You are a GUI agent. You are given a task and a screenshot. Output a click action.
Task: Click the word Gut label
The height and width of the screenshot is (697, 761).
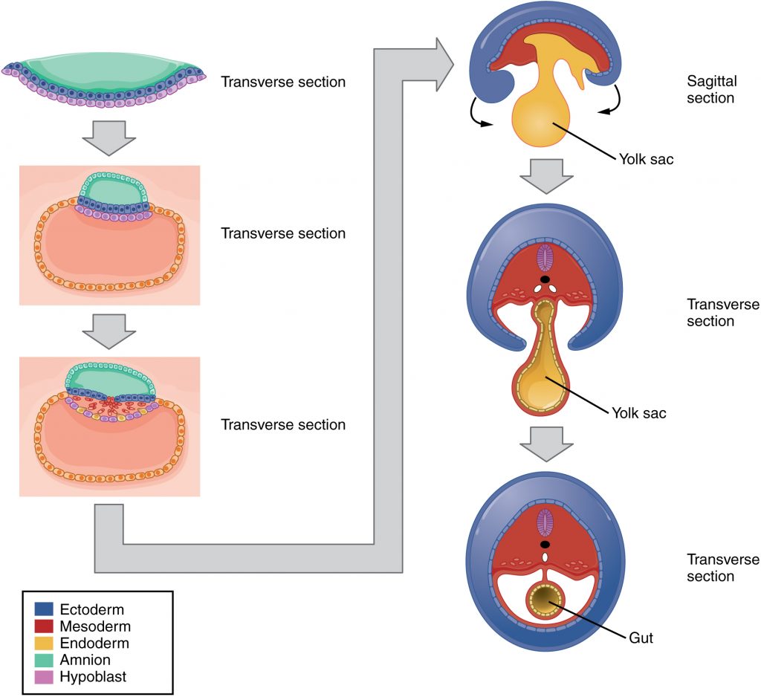click(641, 638)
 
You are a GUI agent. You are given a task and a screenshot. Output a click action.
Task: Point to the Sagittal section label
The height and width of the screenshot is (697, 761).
click(710, 90)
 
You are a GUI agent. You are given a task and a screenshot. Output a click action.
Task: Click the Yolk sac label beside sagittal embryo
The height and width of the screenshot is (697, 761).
click(646, 158)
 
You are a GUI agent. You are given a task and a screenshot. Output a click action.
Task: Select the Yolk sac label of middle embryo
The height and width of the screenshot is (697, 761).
click(638, 413)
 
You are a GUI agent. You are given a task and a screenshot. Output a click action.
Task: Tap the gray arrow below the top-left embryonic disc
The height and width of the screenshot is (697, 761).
click(108, 137)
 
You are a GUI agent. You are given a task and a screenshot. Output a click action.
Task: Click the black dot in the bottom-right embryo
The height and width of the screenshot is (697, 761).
click(546, 544)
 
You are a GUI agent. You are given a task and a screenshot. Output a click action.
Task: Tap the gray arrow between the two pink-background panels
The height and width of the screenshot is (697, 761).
click(109, 330)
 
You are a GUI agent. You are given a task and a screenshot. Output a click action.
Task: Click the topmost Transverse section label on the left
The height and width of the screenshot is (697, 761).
click(283, 82)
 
